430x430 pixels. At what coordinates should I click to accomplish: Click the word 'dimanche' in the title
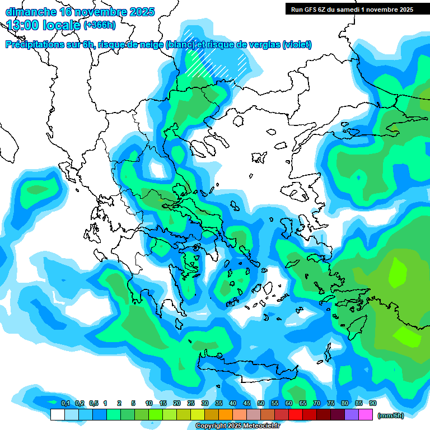(x=30, y=12)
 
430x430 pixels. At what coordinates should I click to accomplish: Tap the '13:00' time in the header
(x=23, y=25)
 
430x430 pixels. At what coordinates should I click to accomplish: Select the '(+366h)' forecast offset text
(x=100, y=25)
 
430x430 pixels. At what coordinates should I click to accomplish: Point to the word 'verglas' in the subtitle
(x=262, y=45)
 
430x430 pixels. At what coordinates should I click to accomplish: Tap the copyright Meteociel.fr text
(x=237, y=426)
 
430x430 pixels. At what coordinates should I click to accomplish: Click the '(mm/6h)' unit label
(x=390, y=415)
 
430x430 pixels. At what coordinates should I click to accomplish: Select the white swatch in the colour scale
(x=57, y=415)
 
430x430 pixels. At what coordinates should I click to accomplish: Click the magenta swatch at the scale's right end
(x=366, y=415)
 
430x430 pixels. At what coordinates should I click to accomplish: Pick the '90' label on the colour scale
(x=372, y=404)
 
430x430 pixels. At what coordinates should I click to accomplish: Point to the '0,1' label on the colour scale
(x=65, y=404)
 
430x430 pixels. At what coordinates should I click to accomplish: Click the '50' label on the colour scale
(x=260, y=404)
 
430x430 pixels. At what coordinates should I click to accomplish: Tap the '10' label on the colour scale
(x=148, y=404)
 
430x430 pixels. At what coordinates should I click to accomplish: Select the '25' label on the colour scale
(x=190, y=404)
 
